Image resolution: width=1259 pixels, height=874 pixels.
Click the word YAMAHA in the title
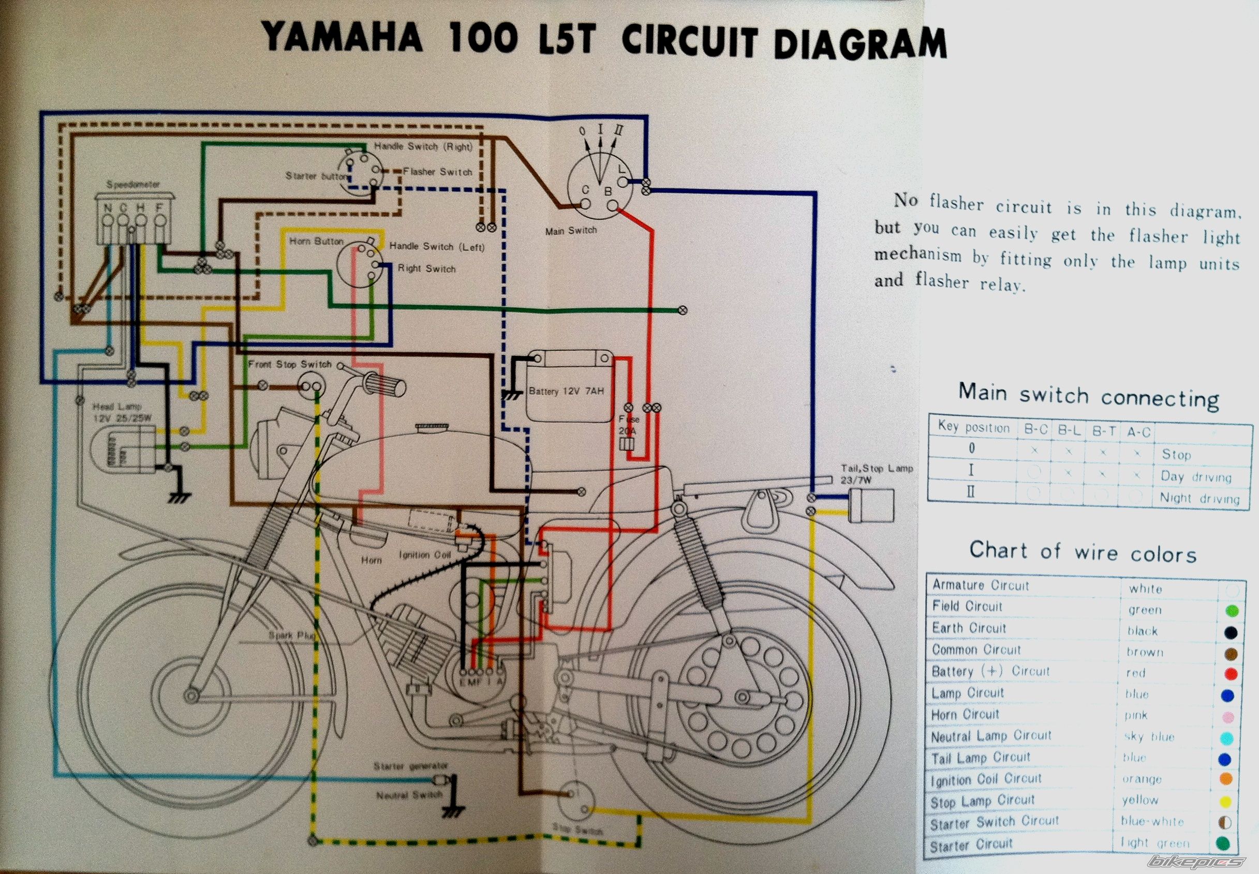tap(343, 37)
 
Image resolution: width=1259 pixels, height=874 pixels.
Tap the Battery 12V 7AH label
tap(566, 391)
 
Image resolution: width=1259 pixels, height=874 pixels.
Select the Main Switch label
tap(570, 231)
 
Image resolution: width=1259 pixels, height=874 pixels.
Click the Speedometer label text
tap(133, 185)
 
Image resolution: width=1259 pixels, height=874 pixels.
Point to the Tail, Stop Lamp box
tap(871, 505)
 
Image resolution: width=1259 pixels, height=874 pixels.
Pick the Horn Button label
tap(316, 241)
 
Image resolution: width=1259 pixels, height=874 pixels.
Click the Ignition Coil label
tap(425, 555)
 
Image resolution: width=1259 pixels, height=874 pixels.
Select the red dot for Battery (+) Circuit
tap(1230, 674)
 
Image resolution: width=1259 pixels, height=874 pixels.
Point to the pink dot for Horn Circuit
tap(1228, 717)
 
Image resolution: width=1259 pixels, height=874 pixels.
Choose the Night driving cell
tap(1199, 499)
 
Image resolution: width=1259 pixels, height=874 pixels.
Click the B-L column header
tap(1069, 430)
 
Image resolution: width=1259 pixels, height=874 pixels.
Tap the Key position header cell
tap(973, 427)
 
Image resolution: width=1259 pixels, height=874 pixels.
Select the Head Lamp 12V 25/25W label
tap(122, 412)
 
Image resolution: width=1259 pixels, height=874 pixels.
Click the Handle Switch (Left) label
tap(437, 247)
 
